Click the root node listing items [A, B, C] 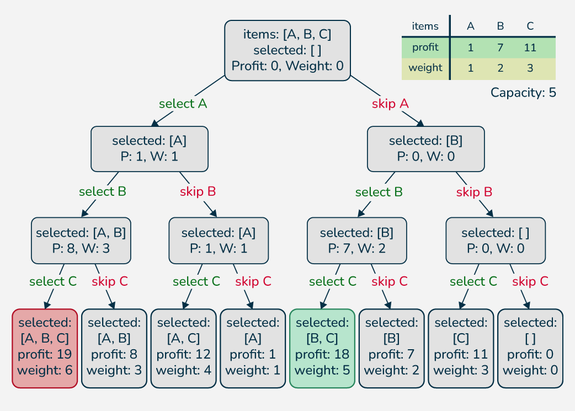(287, 51)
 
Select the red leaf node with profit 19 (45, 348)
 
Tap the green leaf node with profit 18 (322, 348)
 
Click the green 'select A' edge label (183, 104)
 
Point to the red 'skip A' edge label (390, 104)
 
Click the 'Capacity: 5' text (523, 93)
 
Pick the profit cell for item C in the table (530, 47)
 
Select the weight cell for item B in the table (500, 68)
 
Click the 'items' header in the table (425, 26)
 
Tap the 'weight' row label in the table (425, 68)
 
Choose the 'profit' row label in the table (425, 47)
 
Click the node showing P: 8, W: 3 (81, 241)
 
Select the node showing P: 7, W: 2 (356, 241)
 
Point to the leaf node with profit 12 (183, 348)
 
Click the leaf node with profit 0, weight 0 (530, 348)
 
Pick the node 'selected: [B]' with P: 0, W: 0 (425, 149)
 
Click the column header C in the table (530, 26)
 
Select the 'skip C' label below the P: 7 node (389, 281)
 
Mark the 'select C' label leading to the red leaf (53, 281)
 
